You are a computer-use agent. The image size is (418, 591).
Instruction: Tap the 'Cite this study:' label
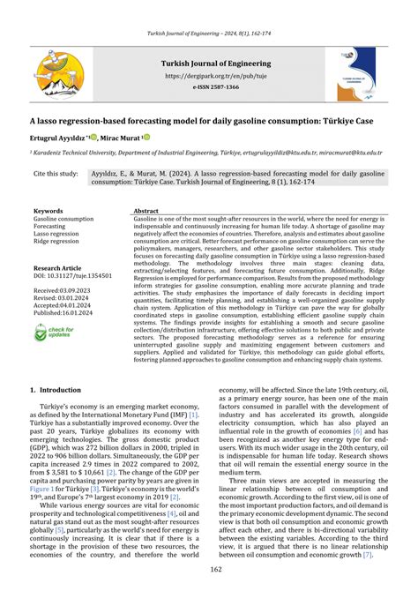[56, 175]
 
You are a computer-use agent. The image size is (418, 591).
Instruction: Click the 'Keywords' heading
[49, 212]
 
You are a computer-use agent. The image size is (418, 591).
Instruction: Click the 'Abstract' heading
[146, 212]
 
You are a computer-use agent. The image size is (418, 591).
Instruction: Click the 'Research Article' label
[59, 267]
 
